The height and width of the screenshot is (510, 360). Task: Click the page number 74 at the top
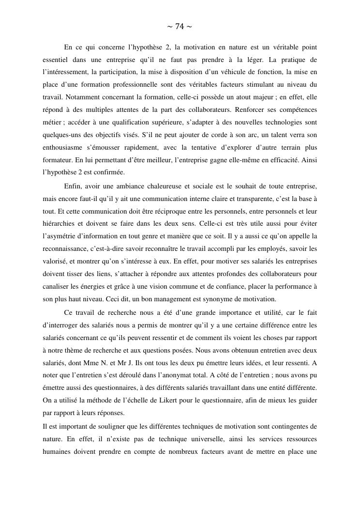point(180,27)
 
